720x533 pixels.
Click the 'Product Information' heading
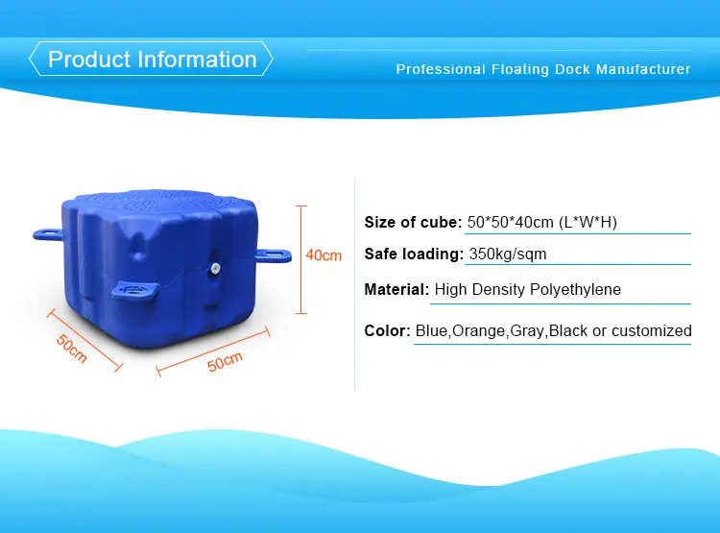(x=152, y=60)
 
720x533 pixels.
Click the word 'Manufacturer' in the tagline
(x=643, y=69)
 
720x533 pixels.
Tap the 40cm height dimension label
(x=324, y=255)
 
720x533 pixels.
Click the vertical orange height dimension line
(x=301, y=259)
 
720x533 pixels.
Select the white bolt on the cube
(x=214, y=268)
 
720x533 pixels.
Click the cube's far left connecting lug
(x=47, y=234)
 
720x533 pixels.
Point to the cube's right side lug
(x=274, y=254)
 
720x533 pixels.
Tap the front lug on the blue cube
(x=134, y=290)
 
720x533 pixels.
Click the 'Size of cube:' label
(x=413, y=223)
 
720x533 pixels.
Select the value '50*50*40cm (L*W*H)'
(x=541, y=223)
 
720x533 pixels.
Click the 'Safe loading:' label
(x=414, y=254)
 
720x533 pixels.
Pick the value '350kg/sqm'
(x=508, y=254)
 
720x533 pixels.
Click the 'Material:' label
(x=396, y=289)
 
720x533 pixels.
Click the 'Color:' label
(x=387, y=330)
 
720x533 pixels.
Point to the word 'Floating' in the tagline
(x=520, y=69)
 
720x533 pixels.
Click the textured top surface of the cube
(x=160, y=203)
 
